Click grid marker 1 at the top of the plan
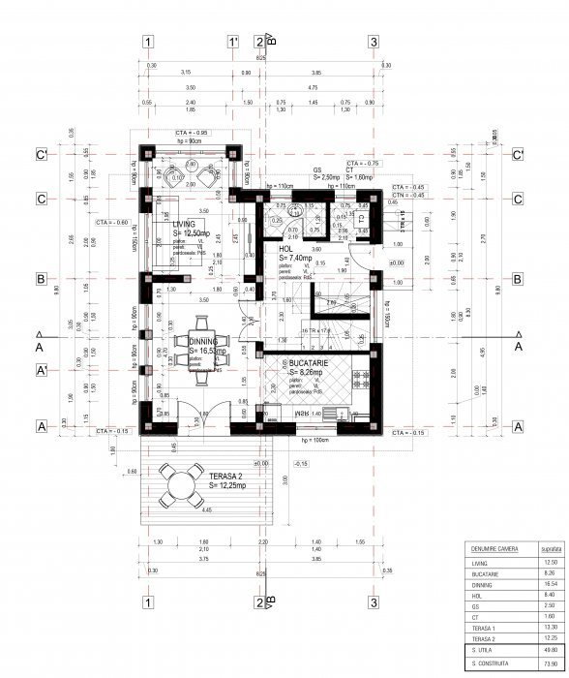[147, 42]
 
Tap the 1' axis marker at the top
[233, 42]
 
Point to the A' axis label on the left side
[42, 370]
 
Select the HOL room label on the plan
[285, 250]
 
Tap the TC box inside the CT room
[361, 218]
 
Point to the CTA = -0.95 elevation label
[192, 131]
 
